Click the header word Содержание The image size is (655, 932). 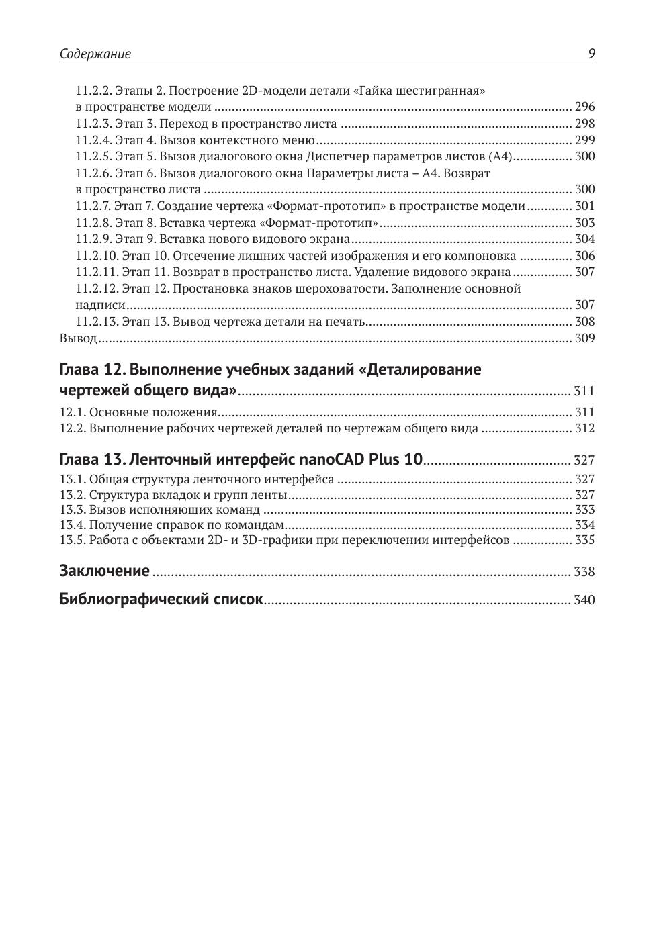[x=95, y=54]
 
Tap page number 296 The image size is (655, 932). [x=584, y=107]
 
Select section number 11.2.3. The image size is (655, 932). [x=93, y=124]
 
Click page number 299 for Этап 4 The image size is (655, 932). [x=584, y=140]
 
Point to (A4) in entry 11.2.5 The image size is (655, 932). [x=502, y=156]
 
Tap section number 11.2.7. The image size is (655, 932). [x=93, y=206]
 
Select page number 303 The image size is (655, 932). [x=584, y=223]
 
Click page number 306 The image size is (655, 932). [x=584, y=256]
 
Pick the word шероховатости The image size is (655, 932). [x=343, y=289]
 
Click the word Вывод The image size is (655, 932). [x=78, y=338]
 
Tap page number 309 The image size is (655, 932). [x=584, y=338]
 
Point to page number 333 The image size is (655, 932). [x=584, y=510]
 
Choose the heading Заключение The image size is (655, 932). [x=104, y=571]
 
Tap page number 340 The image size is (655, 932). [x=584, y=600]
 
